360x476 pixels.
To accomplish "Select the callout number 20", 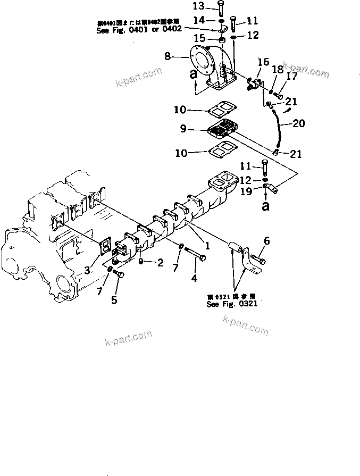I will (299, 124).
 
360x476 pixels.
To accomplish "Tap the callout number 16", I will (263, 63).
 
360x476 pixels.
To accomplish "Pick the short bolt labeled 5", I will (119, 274).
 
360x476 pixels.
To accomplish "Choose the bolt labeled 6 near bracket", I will (259, 261).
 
